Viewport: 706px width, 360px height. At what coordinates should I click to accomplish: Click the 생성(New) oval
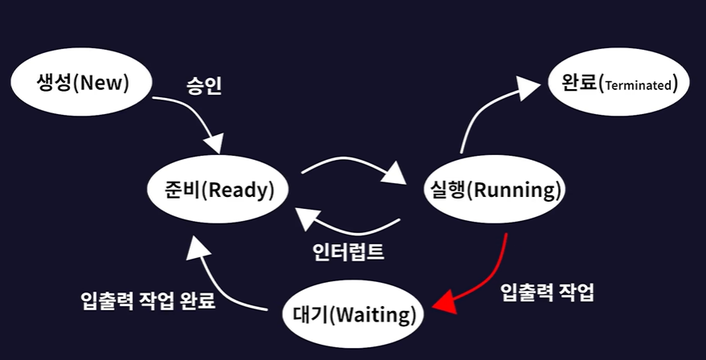(x=72, y=82)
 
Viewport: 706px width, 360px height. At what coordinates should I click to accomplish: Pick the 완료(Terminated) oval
(x=618, y=82)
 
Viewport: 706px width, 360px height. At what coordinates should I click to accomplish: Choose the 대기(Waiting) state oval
(x=353, y=313)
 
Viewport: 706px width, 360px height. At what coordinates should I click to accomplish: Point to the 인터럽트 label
(x=348, y=252)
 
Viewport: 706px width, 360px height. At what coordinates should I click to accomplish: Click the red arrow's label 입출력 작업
(x=547, y=291)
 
